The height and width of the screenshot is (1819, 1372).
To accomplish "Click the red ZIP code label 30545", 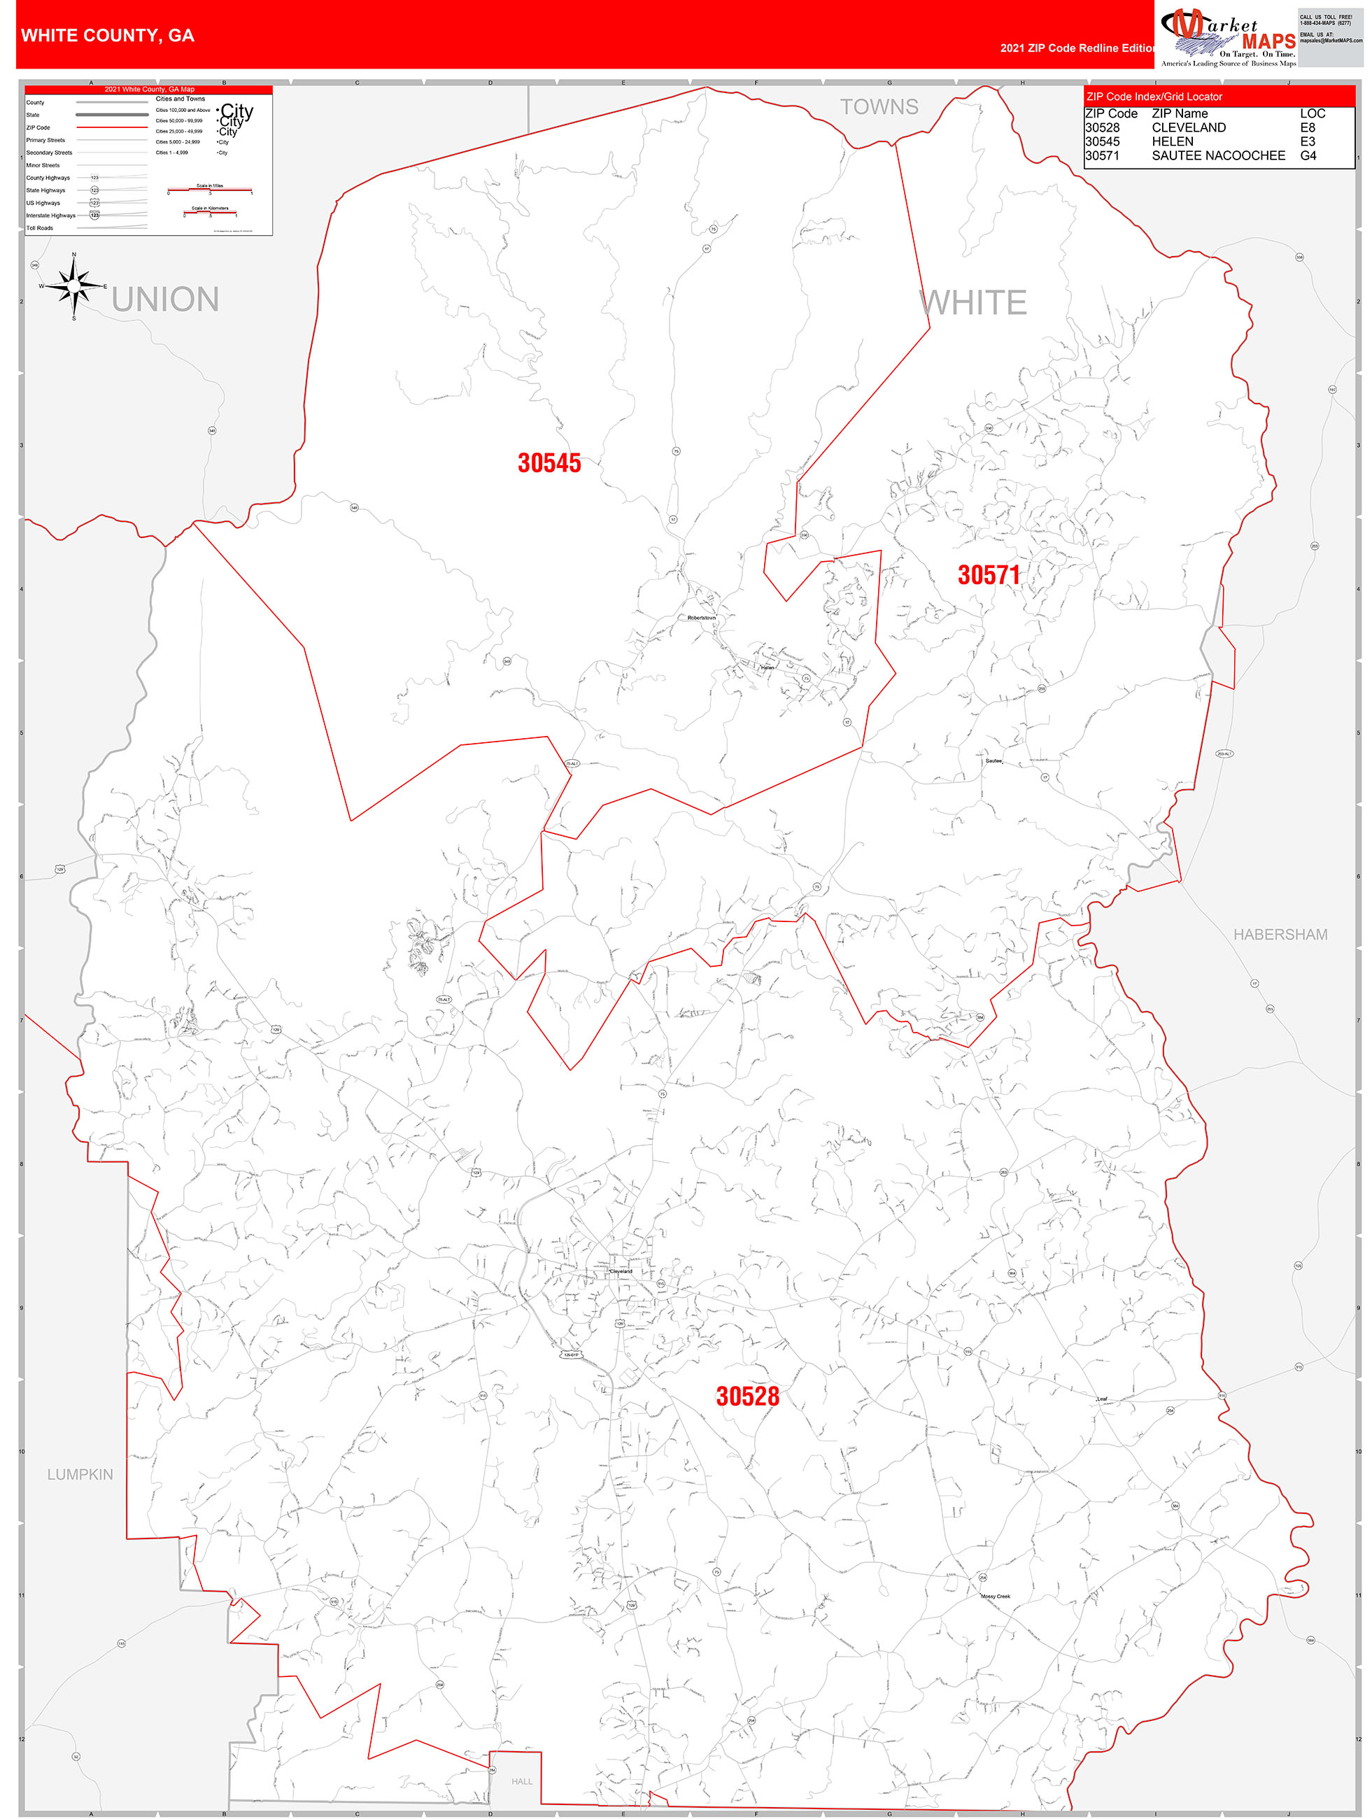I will pyautogui.click(x=549, y=463).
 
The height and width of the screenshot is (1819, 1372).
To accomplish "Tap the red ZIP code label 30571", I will pyautogui.click(x=988, y=575).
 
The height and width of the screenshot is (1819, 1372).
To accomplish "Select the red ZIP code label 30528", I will pyautogui.click(x=747, y=1396).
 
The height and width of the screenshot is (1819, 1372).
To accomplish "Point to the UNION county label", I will pyautogui.click(x=165, y=299).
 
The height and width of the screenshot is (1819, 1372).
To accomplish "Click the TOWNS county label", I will pyautogui.click(x=879, y=107).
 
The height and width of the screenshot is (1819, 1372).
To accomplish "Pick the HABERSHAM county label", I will pyautogui.click(x=1279, y=935).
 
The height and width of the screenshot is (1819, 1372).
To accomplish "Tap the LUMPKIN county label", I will pyautogui.click(x=80, y=1475).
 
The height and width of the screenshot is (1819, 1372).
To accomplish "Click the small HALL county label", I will pyautogui.click(x=521, y=1781).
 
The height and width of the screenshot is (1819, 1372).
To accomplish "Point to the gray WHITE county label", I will pyautogui.click(x=974, y=303).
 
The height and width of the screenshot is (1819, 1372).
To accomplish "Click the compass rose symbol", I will pyautogui.click(x=74, y=286).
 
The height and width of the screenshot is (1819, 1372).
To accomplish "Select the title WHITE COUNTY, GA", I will pyautogui.click(x=108, y=36).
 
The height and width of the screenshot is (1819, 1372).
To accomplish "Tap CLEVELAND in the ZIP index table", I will pyautogui.click(x=1188, y=127).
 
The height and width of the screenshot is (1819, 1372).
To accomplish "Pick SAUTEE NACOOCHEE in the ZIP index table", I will pyautogui.click(x=1217, y=155).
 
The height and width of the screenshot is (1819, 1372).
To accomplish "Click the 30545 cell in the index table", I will pyautogui.click(x=1101, y=141).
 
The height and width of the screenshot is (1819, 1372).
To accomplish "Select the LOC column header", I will pyautogui.click(x=1312, y=113).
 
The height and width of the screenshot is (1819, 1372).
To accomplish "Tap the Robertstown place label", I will pyautogui.click(x=702, y=618).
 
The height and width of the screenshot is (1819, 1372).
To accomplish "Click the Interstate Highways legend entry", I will pyautogui.click(x=50, y=215).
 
